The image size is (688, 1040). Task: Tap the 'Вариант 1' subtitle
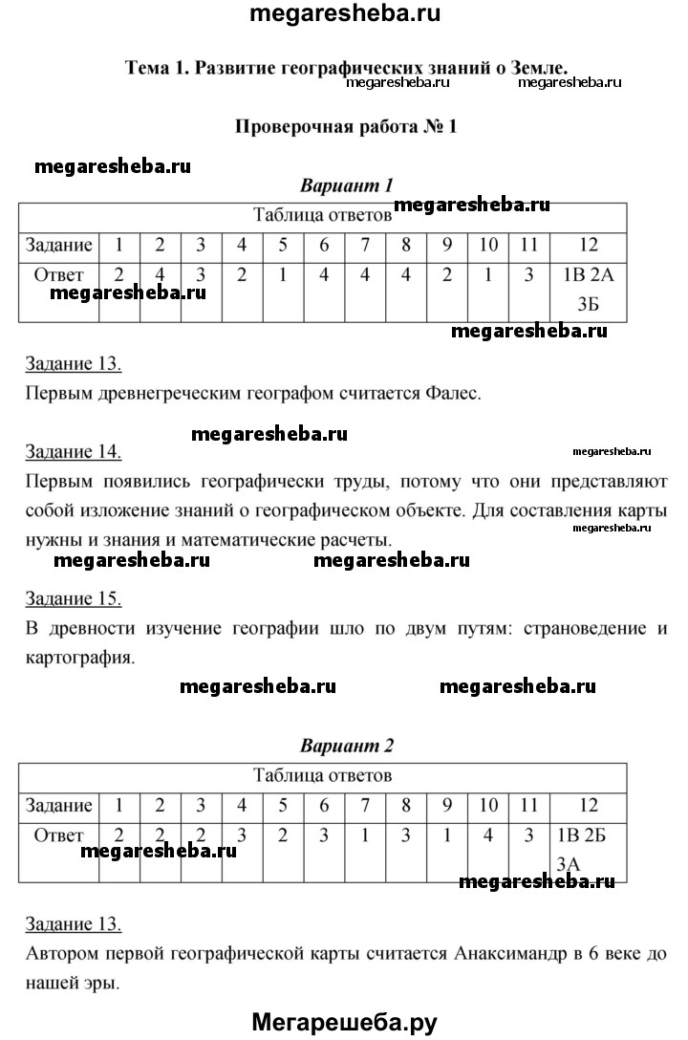347,184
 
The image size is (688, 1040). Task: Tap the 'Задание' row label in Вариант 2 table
59,805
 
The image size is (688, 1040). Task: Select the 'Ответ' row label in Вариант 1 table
59,275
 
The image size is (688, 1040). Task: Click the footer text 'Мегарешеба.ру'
344,1022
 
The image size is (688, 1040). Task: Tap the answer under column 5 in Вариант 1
283,275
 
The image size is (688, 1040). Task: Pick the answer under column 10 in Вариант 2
487,834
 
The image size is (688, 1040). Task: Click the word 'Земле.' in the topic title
537,68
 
